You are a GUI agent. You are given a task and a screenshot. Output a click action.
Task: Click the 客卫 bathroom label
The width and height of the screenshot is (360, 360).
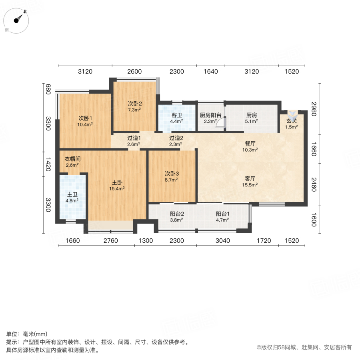pyautogui.click(x=177, y=115)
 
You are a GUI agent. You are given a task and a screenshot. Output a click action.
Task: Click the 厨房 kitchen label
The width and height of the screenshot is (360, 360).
pyautogui.click(x=252, y=115)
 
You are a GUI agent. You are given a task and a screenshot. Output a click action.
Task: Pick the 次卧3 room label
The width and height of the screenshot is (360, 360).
pyautogui.click(x=172, y=174)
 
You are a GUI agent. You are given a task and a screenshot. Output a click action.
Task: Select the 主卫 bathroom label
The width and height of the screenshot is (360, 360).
pyautogui.click(x=72, y=194)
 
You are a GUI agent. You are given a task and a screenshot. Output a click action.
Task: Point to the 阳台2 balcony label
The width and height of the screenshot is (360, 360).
pyautogui.click(x=177, y=214)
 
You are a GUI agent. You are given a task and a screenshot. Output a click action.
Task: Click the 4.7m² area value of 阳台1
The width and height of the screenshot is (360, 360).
pyautogui.click(x=222, y=220)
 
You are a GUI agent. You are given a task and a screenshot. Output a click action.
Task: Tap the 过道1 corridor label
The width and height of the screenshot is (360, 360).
pyautogui.click(x=134, y=138)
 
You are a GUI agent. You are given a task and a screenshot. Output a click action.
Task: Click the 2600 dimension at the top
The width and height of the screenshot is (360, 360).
pyautogui.click(x=134, y=72)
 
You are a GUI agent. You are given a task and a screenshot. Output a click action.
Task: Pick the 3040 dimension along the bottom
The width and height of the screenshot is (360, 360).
pyautogui.click(x=223, y=240)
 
